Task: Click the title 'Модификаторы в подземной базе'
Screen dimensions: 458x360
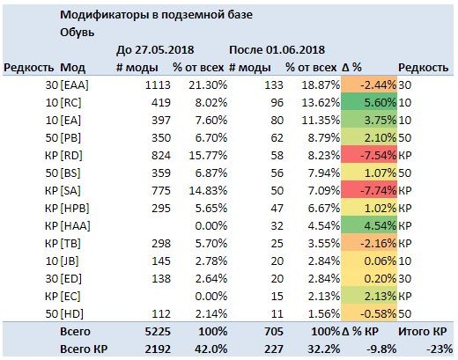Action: (x=156, y=15)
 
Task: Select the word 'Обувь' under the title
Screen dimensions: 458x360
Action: (x=78, y=33)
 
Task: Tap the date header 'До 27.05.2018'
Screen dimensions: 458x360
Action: (x=155, y=50)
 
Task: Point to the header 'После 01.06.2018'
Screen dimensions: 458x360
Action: (x=277, y=50)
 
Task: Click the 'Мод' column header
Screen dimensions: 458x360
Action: (x=72, y=68)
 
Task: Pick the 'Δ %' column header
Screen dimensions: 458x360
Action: (x=351, y=68)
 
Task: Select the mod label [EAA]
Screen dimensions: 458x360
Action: (x=74, y=85)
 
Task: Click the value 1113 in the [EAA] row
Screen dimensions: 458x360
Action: (x=158, y=85)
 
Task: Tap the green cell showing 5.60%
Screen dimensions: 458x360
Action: (x=369, y=103)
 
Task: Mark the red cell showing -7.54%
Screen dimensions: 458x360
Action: (x=369, y=156)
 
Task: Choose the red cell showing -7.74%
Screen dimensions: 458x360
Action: (x=369, y=191)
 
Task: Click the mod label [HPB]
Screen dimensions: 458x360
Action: (x=75, y=209)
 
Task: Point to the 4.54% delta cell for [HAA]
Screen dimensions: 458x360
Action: (x=369, y=226)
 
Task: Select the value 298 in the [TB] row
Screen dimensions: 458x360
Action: (x=161, y=244)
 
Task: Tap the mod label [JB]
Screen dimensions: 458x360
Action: (x=70, y=261)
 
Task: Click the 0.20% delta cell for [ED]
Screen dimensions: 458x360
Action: (x=369, y=279)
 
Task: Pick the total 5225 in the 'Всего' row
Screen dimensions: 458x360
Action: (x=158, y=332)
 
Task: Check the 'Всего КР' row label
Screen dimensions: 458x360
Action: (x=84, y=349)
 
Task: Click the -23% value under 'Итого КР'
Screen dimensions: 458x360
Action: (x=440, y=349)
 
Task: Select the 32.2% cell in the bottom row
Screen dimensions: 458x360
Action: (x=324, y=349)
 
